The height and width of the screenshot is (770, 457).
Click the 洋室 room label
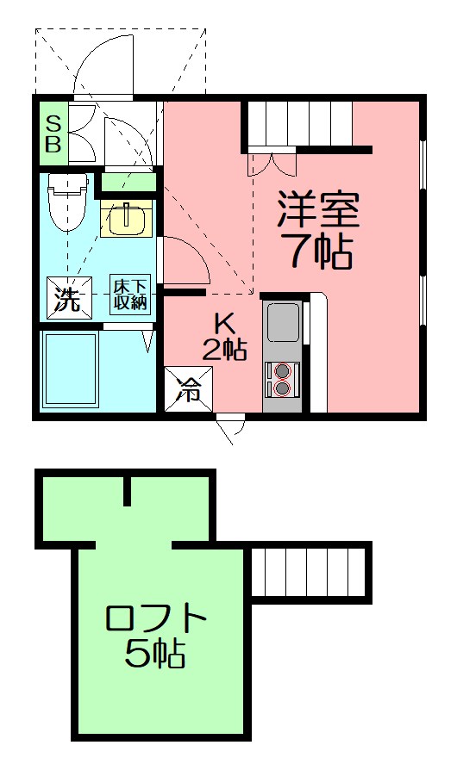[x=318, y=209]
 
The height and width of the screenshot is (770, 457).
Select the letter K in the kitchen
[x=225, y=323]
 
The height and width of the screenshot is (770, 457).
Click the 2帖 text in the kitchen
[x=225, y=348]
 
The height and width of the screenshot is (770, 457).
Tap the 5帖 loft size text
[x=155, y=656]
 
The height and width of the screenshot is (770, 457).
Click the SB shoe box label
[x=53, y=134]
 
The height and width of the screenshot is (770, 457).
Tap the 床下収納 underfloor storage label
[x=130, y=295]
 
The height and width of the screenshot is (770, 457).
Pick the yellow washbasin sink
[x=128, y=219]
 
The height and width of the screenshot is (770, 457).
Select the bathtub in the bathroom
[x=71, y=369]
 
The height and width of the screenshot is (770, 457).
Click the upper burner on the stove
[x=281, y=371]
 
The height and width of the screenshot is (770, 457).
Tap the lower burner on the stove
[x=281, y=388]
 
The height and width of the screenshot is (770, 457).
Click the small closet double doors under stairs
[x=272, y=164]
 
